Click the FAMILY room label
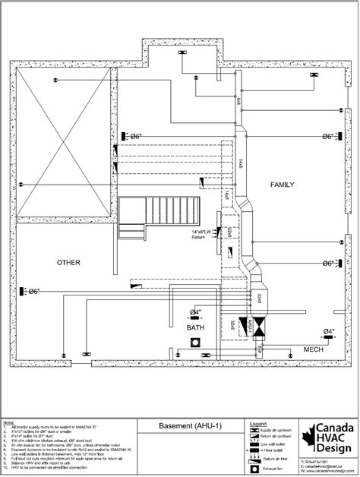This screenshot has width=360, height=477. [282, 185]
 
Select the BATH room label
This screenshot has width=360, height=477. [196, 327]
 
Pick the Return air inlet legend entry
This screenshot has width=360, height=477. [277, 460]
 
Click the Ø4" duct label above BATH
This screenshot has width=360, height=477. [195, 312]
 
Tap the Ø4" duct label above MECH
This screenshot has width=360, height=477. [329, 331]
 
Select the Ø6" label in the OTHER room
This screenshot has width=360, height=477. [31, 291]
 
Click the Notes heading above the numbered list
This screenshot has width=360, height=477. [8, 421]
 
